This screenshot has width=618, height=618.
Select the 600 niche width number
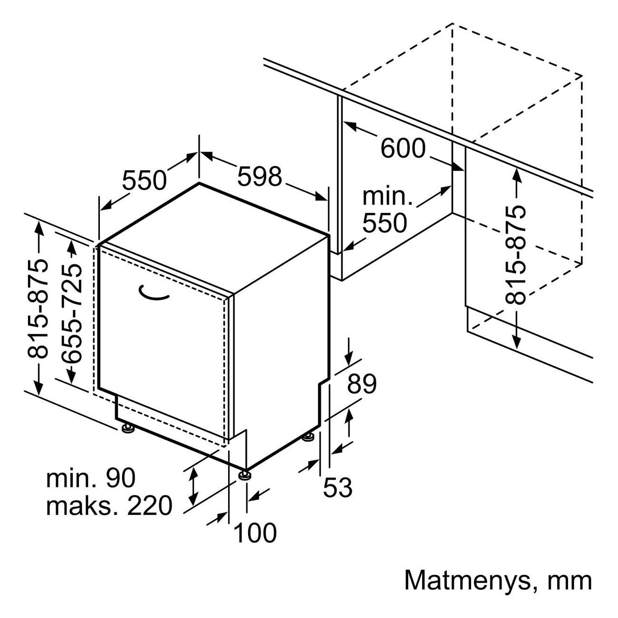tap(403, 148)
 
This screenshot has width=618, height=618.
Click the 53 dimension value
tap(338, 487)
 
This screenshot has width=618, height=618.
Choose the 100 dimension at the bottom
tap(255, 533)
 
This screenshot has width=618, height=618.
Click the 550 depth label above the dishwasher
tap(145, 180)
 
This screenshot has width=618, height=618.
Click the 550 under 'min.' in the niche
tap(385, 223)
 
